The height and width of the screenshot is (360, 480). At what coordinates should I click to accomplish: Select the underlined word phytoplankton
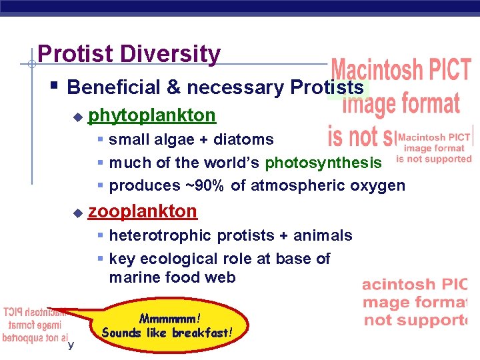pyautogui.click(x=152, y=115)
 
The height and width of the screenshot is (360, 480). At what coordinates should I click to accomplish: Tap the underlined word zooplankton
pyautogui.click(x=143, y=211)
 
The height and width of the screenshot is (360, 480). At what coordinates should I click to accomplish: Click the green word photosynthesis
pyautogui.click(x=323, y=163)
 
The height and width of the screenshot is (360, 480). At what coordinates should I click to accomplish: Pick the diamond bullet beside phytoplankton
pyautogui.click(x=77, y=117)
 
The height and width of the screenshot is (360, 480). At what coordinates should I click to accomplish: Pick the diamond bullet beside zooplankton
pyautogui.click(x=77, y=213)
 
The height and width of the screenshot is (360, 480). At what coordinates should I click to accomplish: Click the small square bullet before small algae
pyautogui.click(x=100, y=140)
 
